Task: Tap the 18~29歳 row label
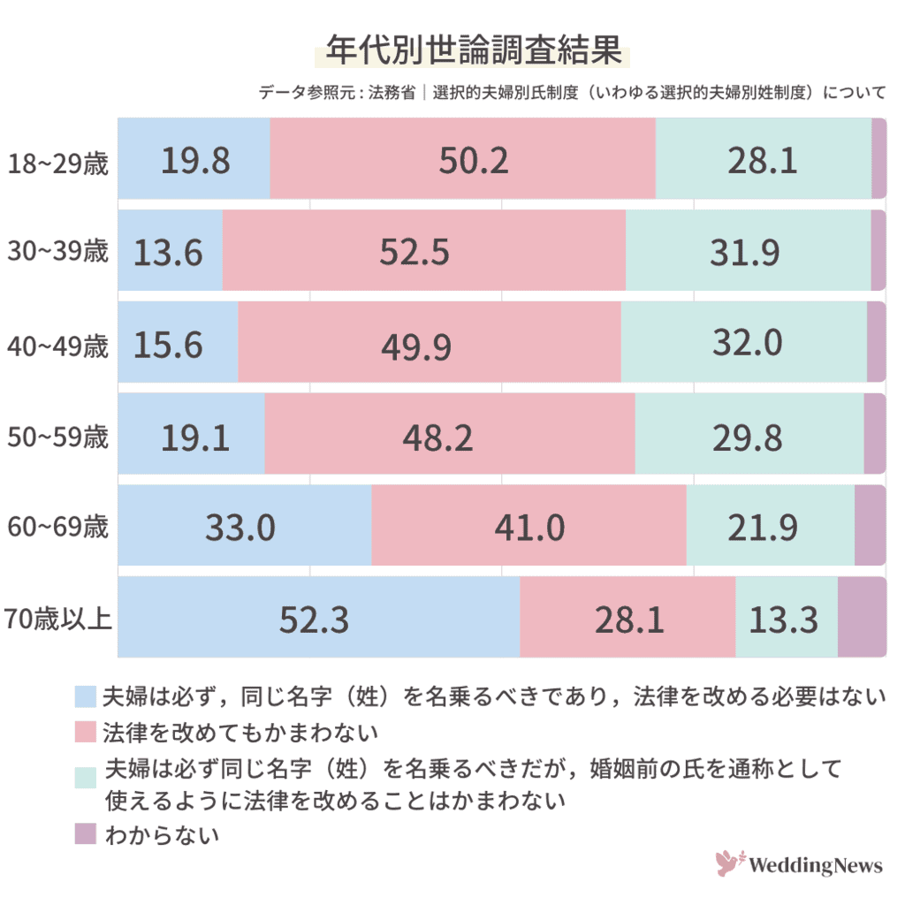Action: tap(57, 164)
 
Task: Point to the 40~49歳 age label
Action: tap(57, 346)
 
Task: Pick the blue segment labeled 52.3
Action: tap(315, 618)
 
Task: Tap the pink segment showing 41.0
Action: tap(529, 527)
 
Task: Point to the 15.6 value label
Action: tap(169, 344)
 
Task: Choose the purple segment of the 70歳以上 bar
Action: tap(861, 618)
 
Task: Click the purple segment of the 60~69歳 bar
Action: tap(869, 526)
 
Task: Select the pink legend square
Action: tap(85, 732)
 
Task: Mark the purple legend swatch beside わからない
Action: tap(85, 833)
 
